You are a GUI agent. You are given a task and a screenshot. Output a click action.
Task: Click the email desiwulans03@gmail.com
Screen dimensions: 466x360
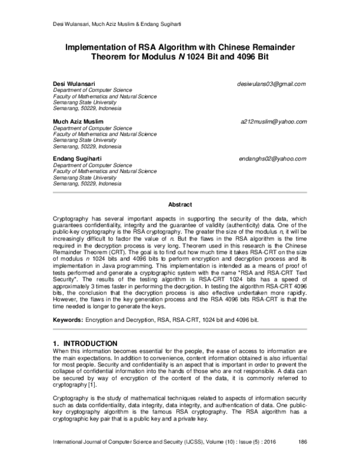[271, 84]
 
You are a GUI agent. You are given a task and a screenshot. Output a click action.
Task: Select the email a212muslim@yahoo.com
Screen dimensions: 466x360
[274, 121]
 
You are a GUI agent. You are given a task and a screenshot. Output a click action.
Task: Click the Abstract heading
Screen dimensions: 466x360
[179, 204]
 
